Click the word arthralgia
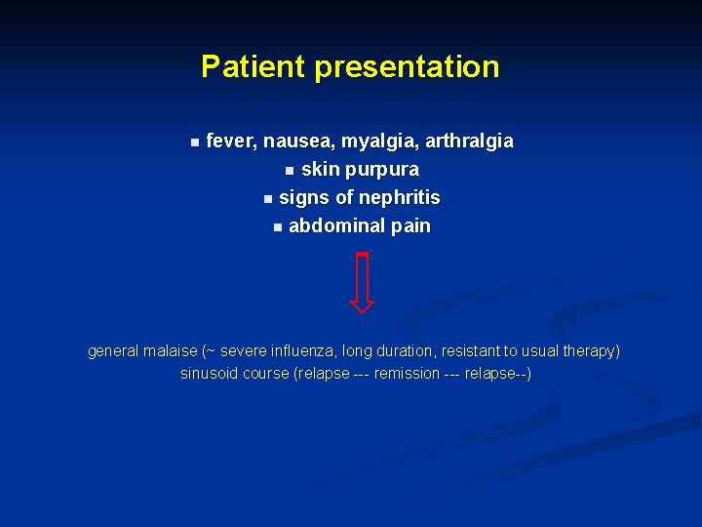[464, 142]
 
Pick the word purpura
[385, 170]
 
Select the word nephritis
[400, 198]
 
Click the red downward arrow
[362, 283]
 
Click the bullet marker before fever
[194, 142]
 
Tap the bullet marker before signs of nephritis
[267, 199]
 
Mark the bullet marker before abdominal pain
[277, 227]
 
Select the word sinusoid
[209, 374]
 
